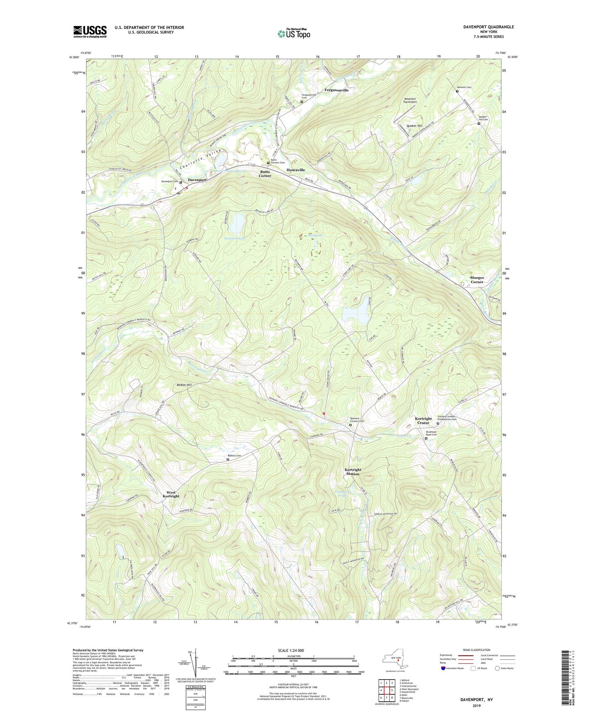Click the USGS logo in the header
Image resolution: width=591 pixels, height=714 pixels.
[x=90, y=31]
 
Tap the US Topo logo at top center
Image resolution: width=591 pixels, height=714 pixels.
[x=294, y=34]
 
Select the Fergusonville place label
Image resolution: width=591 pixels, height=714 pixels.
[x=336, y=90]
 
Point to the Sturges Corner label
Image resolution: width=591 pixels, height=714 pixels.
[x=476, y=280]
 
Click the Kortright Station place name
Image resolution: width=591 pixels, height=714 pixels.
[x=353, y=472]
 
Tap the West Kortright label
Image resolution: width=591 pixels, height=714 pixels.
[x=171, y=494]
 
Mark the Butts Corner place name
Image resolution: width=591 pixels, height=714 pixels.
[x=265, y=174]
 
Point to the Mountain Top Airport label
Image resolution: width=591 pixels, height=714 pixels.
[x=409, y=100]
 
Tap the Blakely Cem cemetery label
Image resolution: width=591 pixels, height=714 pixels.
[x=234, y=456]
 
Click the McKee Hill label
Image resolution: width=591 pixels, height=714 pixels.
[x=184, y=385]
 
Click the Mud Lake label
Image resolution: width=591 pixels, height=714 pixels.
[x=315, y=236]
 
